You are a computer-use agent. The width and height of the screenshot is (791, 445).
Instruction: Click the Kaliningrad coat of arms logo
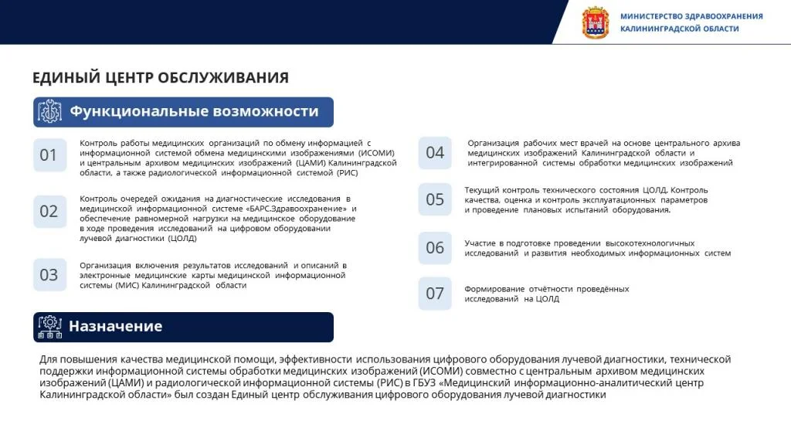595,22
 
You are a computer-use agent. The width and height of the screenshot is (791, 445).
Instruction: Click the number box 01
49,155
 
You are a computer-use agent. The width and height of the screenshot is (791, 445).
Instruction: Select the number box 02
49,211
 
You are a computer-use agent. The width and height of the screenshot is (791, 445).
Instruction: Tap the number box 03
49,274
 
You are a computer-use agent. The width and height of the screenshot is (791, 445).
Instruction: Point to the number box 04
435,152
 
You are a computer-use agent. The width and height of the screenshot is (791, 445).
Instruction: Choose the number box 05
435,199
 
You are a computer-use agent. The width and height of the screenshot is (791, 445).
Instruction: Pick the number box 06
435,247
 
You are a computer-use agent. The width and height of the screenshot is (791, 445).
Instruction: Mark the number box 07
435,293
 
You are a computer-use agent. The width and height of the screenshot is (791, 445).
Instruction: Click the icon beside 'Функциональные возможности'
49,112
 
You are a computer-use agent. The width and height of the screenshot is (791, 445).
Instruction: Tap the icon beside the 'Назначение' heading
49,326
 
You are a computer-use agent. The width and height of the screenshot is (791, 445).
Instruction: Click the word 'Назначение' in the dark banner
115,326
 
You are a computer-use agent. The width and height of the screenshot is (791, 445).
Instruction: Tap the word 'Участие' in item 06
480,243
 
